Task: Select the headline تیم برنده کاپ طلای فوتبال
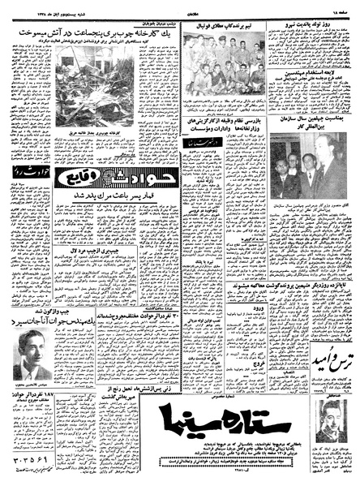pyautogui.click(x=224, y=26)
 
